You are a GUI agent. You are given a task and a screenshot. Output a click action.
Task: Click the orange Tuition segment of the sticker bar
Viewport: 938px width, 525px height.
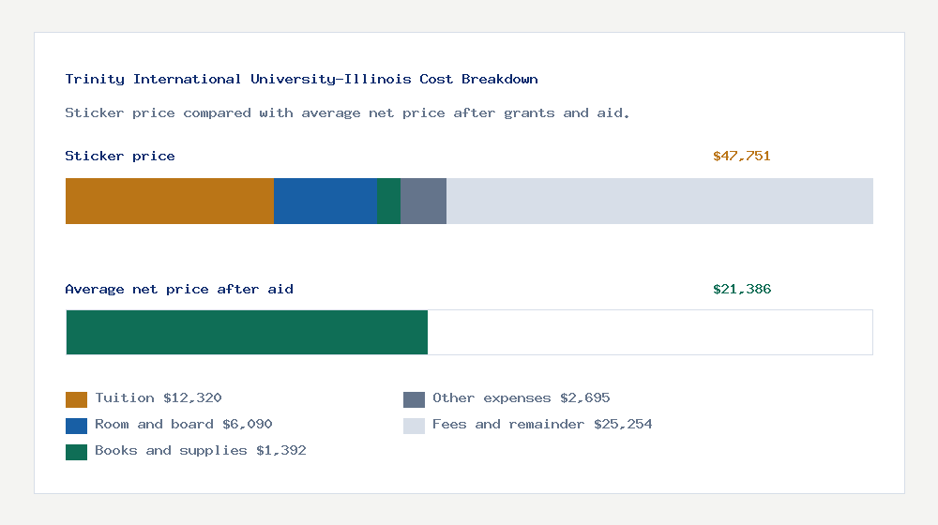pyautogui.click(x=169, y=201)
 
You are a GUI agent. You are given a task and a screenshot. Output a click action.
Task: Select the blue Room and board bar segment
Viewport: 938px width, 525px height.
pyautogui.click(x=325, y=201)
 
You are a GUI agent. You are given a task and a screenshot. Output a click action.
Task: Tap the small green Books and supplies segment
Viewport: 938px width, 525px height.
pyautogui.click(x=388, y=201)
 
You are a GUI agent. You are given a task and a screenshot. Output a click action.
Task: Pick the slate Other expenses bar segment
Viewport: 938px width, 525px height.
pyautogui.click(x=423, y=201)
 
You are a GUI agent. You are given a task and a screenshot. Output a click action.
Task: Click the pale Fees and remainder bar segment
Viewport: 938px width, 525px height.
pyautogui.click(x=659, y=201)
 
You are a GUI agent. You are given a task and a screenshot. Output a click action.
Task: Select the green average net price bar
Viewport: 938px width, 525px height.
pyautogui.click(x=247, y=332)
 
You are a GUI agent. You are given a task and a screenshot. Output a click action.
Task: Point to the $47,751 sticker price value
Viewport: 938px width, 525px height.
pyautogui.click(x=741, y=157)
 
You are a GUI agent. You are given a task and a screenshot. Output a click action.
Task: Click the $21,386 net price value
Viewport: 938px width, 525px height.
pyautogui.click(x=741, y=290)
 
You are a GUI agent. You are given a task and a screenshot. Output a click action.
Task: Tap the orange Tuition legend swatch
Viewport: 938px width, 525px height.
pyautogui.click(x=76, y=399)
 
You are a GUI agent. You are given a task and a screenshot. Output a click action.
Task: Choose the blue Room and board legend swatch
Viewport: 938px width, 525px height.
pyautogui.click(x=76, y=426)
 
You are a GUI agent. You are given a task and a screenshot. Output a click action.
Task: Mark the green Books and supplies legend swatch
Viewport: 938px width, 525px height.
pyautogui.click(x=76, y=452)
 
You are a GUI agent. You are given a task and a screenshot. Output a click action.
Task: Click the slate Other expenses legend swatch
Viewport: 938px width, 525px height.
pyautogui.click(x=414, y=399)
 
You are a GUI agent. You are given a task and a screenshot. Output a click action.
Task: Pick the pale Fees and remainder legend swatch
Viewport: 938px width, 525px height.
pyautogui.click(x=414, y=426)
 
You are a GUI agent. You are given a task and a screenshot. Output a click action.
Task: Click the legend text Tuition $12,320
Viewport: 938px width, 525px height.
pyautogui.click(x=158, y=398)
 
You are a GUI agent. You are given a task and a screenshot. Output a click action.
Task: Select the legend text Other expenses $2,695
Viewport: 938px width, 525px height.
pyautogui.click(x=521, y=398)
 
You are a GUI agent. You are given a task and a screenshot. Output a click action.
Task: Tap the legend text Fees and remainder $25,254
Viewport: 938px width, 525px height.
pyautogui.click(x=542, y=425)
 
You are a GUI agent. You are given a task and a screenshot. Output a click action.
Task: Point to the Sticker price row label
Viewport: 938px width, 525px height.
pyautogui.click(x=119, y=157)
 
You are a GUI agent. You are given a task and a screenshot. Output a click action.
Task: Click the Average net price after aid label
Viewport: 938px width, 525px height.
pyautogui.click(x=178, y=290)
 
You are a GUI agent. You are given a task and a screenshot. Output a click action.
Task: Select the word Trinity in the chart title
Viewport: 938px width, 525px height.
pyautogui.click(x=95, y=80)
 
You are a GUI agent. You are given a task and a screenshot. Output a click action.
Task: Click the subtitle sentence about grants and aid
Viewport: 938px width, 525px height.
pyautogui.click(x=347, y=113)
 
